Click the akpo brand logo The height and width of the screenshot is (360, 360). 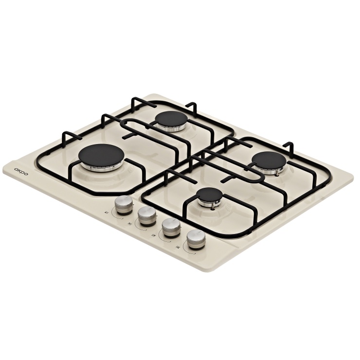21,172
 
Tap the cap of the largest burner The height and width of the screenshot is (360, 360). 101,155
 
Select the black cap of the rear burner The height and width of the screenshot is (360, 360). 171,119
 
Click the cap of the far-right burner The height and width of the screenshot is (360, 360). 269,160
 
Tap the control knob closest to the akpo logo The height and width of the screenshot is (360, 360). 124,204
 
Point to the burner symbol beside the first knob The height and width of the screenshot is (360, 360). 106,212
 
